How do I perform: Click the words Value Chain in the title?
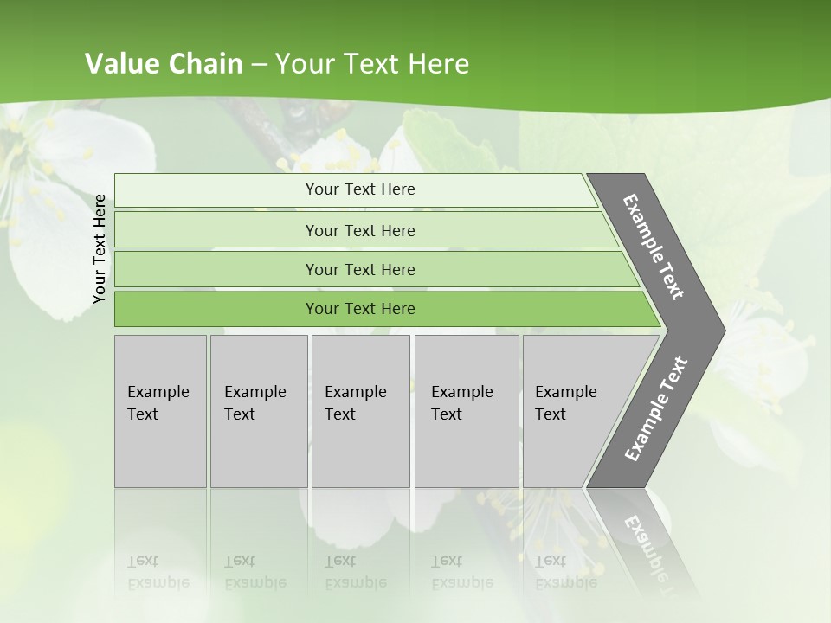[x=164, y=64]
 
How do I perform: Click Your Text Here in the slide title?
[x=372, y=64]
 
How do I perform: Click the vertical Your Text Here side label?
[x=100, y=249]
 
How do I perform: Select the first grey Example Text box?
[x=160, y=411]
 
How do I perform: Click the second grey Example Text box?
[x=259, y=411]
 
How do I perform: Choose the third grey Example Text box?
[x=360, y=411]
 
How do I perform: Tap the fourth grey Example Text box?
[x=467, y=411]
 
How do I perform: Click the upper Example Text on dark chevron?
[x=654, y=247]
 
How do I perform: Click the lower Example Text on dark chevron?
[x=656, y=408]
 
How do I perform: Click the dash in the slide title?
[x=259, y=65]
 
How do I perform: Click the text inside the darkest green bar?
[x=360, y=309]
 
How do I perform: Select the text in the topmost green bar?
[x=360, y=189]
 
